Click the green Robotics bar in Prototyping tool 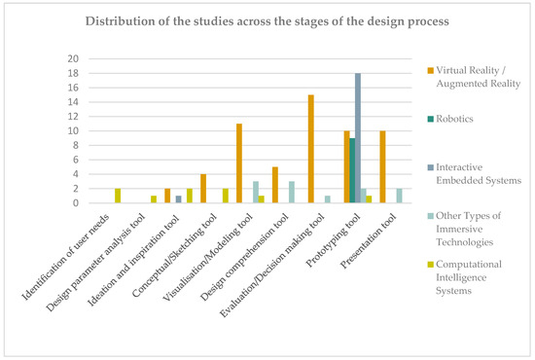(351, 170)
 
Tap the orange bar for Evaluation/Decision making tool (310, 149)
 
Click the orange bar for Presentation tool (382, 166)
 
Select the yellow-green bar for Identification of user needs (118, 197)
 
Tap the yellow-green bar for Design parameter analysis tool (154, 199)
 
